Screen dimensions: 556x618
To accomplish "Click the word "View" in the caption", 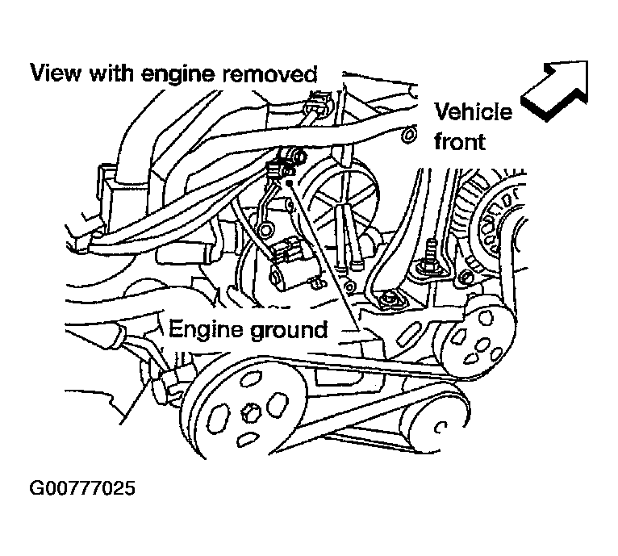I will click(54, 75).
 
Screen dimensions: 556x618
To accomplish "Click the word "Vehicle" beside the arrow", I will click(474, 111).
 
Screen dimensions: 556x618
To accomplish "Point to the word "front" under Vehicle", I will click(460, 142).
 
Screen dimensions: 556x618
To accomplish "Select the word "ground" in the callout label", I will click(289, 330).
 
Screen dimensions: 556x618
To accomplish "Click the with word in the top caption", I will click(111, 75).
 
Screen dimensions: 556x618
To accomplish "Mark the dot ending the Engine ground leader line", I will click(287, 185).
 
